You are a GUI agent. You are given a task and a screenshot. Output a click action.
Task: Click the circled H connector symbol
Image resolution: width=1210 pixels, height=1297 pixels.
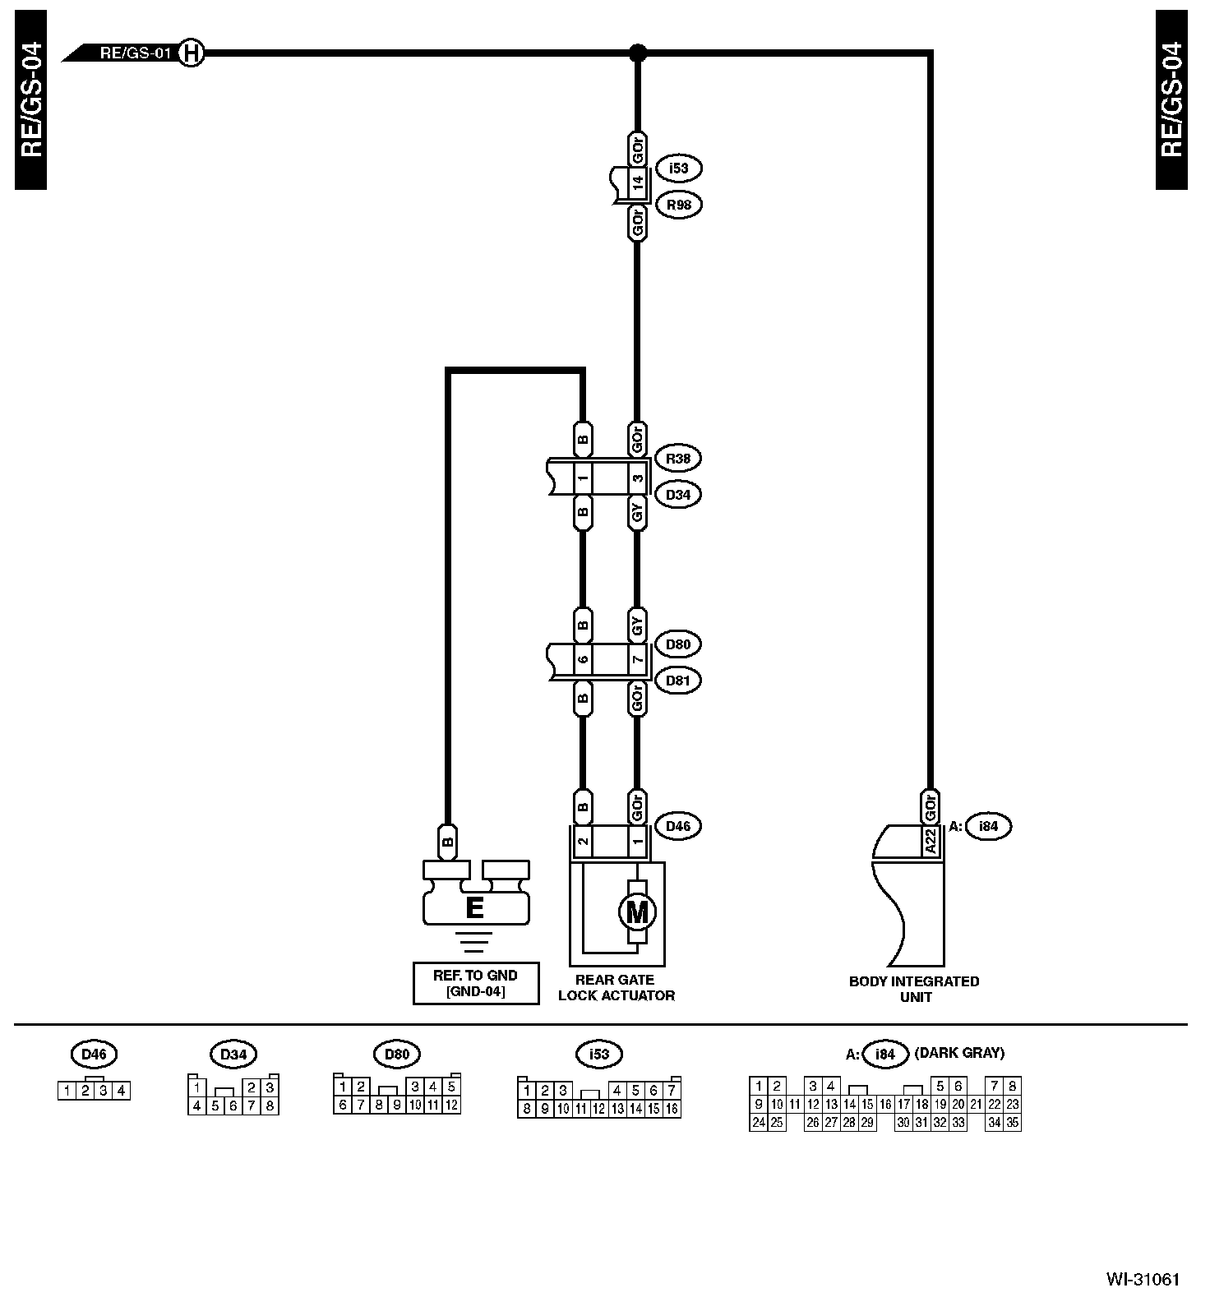pos(191,53)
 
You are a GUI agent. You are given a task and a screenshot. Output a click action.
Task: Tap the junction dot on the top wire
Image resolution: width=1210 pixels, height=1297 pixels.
pos(637,53)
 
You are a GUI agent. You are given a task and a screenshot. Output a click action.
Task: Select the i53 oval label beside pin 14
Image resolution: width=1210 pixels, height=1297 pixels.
pos(678,168)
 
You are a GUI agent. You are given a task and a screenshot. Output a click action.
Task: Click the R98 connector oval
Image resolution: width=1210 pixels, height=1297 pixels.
pos(678,205)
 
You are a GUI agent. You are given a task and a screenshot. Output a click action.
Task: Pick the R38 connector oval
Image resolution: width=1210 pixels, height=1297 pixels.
pos(678,459)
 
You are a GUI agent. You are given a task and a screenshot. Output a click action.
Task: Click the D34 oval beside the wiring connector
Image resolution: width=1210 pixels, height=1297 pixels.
pos(678,495)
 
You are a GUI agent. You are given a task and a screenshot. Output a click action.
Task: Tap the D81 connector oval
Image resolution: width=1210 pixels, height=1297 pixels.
pos(678,681)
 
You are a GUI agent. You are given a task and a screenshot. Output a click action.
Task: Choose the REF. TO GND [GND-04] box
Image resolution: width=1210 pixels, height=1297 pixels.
pos(475,984)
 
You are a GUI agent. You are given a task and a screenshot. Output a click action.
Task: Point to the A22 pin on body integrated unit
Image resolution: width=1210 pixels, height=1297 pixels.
pos(930,842)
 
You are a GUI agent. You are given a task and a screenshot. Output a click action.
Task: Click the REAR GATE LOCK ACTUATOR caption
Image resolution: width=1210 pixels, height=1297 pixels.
pos(616,988)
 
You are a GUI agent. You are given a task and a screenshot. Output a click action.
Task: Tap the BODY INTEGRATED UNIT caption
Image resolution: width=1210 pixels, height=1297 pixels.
pos(914,989)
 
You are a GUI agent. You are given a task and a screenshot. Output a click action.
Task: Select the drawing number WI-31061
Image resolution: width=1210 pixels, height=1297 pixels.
pos(1143,1280)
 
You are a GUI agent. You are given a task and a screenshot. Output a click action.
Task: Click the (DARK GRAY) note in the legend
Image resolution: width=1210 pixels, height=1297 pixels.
pos(959,1053)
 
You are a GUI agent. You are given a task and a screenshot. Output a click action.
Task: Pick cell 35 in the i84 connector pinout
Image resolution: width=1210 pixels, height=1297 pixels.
pos(1012,1123)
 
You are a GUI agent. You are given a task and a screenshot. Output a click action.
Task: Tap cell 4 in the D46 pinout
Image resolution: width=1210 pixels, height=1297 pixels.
pos(121,1092)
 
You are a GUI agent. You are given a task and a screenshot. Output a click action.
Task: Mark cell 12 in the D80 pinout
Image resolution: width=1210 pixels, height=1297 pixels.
pos(450,1105)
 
